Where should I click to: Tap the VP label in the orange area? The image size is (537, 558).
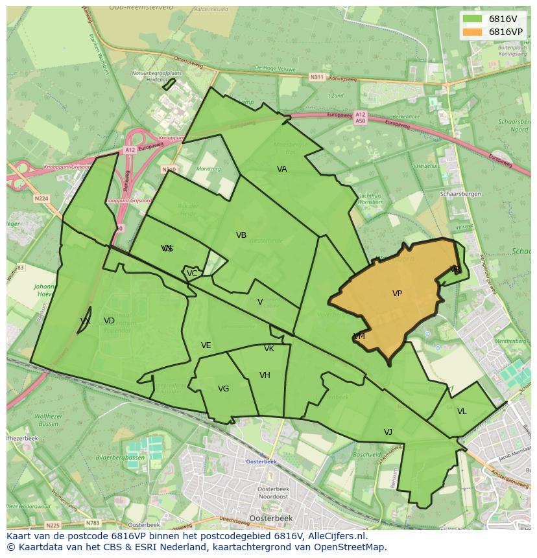[397, 294]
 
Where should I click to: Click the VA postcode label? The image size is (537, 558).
[281, 169]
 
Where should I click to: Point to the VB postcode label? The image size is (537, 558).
[241, 235]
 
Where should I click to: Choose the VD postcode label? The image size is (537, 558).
[109, 321]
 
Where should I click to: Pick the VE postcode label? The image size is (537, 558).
[206, 345]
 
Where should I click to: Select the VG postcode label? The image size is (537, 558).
[223, 389]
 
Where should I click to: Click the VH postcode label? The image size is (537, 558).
[265, 375]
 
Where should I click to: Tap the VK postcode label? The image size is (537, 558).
[269, 349]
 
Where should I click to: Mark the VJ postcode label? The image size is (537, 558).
[388, 432]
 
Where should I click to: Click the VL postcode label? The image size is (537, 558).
[462, 412]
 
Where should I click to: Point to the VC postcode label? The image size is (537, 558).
[192, 273]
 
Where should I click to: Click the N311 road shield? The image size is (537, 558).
[316, 77]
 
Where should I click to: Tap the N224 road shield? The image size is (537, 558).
[42, 198]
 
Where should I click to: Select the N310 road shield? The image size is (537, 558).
[169, 170]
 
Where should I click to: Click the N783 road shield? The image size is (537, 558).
[93, 522]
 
